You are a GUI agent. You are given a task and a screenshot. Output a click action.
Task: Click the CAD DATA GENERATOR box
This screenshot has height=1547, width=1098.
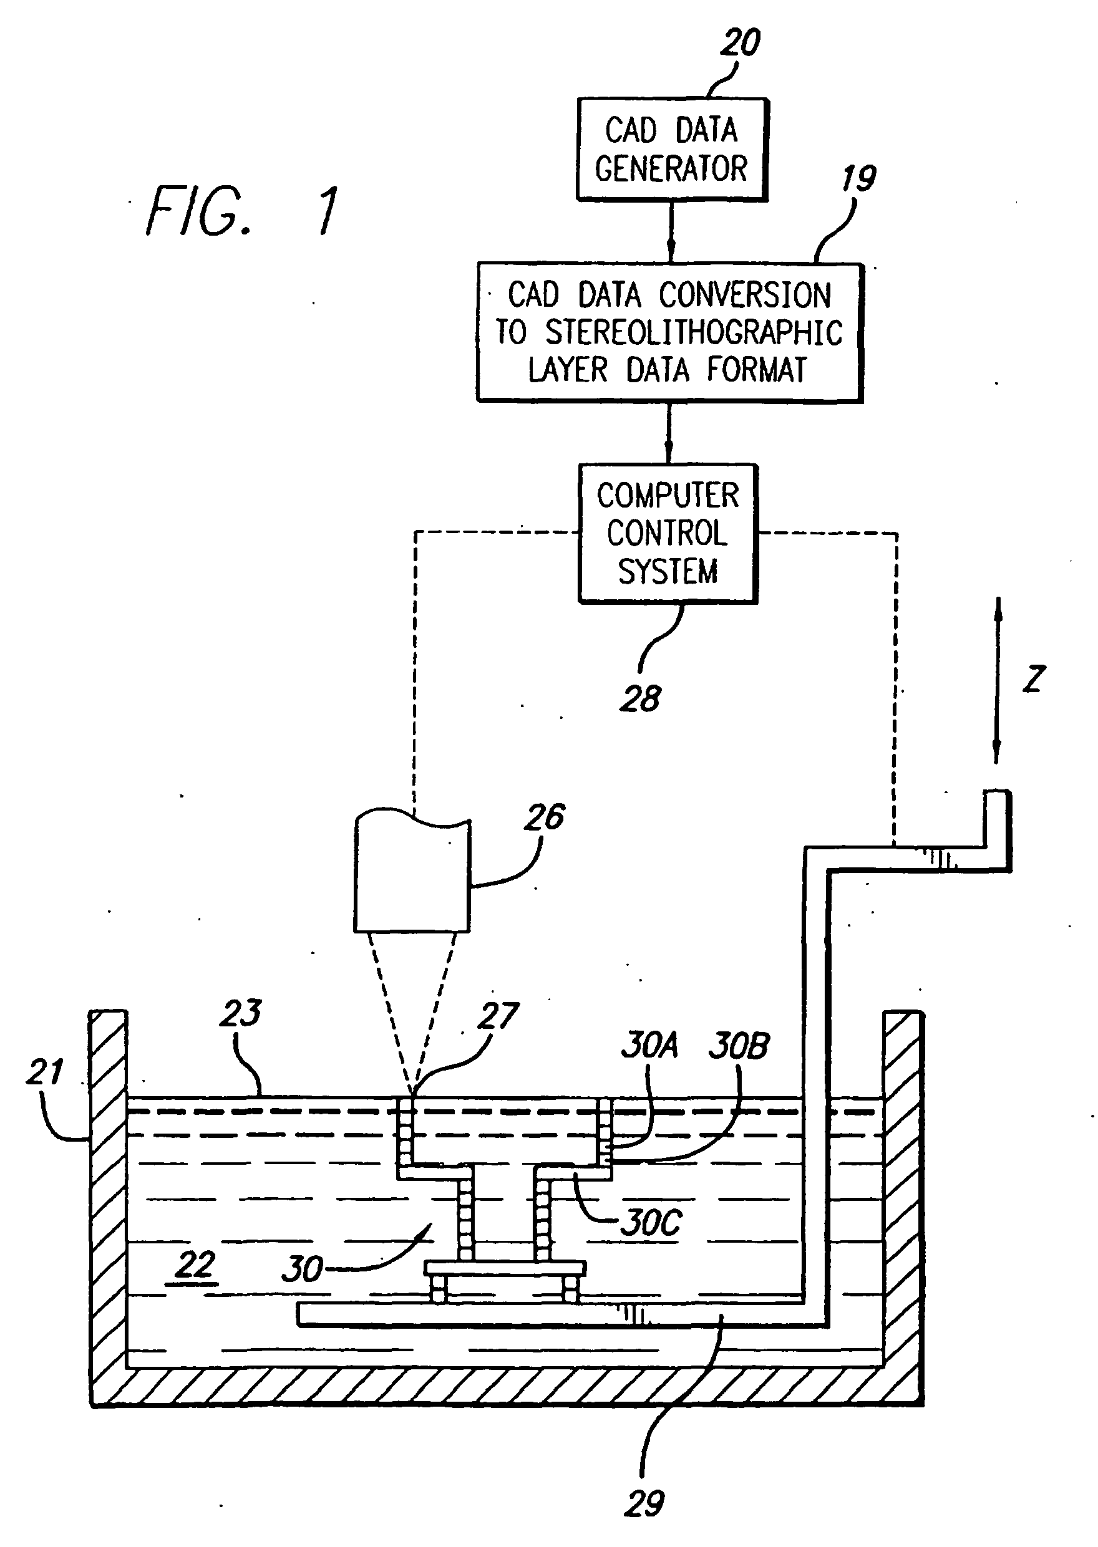tap(671, 150)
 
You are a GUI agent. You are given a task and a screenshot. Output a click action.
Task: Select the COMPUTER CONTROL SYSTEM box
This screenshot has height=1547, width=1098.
tap(668, 533)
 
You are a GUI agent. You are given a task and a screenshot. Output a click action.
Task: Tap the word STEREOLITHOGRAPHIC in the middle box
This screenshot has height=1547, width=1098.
tap(694, 332)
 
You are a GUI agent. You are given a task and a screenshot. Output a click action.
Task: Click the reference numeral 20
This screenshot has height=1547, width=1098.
tap(741, 42)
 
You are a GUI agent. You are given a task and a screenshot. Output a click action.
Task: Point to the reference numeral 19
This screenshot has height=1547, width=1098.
tap(858, 179)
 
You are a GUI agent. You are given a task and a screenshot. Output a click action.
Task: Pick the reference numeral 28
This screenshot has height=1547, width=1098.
tap(639, 699)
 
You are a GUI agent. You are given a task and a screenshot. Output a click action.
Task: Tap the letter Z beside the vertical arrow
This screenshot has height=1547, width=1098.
tap(1034, 678)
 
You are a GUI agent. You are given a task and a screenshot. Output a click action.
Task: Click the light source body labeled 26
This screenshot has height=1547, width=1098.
tap(412, 871)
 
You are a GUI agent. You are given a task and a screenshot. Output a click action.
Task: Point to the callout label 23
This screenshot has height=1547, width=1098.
tap(240, 1013)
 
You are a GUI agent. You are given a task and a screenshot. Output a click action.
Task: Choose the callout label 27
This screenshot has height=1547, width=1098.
tap(498, 1016)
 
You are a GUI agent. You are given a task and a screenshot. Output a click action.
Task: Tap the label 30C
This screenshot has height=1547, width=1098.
tap(651, 1222)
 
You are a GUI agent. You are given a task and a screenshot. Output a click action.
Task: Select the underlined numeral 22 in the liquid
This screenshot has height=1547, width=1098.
tap(195, 1265)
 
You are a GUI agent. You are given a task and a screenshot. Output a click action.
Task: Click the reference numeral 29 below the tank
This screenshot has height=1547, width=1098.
tap(644, 1504)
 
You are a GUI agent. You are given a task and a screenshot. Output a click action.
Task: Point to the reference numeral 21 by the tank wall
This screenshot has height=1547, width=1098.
tap(45, 1072)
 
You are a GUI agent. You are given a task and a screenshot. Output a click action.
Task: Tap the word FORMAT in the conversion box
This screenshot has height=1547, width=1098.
tap(757, 370)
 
